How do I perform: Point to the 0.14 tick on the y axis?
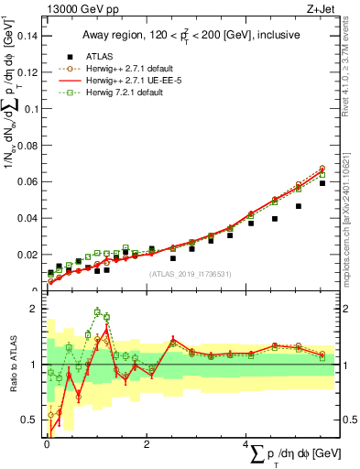(x=27, y=36)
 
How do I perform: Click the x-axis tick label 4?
(x=246, y=444)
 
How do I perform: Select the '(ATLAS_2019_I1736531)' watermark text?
(x=190, y=274)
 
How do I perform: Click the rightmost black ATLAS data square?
(x=322, y=183)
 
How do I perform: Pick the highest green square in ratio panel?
(x=97, y=311)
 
